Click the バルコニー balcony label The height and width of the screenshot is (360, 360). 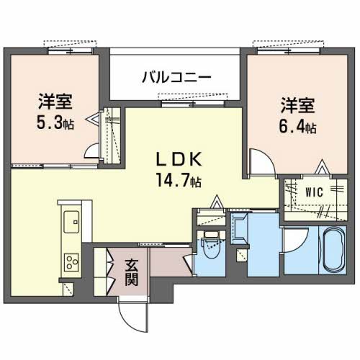(176, 76)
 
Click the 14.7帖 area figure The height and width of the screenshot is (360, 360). (177, 180)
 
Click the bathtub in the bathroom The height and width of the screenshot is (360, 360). (333, 250)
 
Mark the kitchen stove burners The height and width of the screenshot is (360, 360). (71, 261)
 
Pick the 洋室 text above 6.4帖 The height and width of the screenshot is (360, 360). (297, 106)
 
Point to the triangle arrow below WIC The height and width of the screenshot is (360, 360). (321, 171)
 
